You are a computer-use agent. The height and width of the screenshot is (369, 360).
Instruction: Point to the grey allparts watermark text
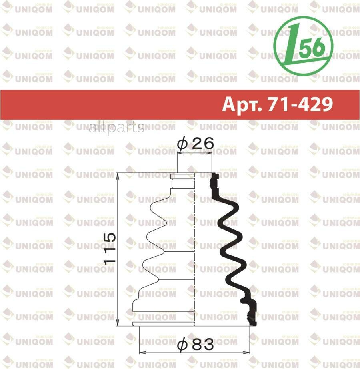[116, 128]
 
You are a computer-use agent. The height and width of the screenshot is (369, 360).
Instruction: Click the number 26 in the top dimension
[202, 144]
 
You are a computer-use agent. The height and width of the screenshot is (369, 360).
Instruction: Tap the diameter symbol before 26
[182, 144]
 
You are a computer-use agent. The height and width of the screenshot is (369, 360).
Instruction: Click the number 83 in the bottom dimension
[202, 344]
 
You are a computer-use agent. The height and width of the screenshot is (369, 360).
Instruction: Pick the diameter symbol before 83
[182, 344]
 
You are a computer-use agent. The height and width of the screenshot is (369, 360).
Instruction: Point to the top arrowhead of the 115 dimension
[119, 175]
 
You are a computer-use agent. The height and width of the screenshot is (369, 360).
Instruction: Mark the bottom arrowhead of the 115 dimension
[119, 324]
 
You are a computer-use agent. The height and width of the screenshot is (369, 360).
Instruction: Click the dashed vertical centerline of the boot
[194, 248]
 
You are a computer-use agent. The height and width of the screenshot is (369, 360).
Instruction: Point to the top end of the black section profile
[215, 175]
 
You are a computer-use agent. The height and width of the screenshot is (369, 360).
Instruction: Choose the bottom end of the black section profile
[252, 323]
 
